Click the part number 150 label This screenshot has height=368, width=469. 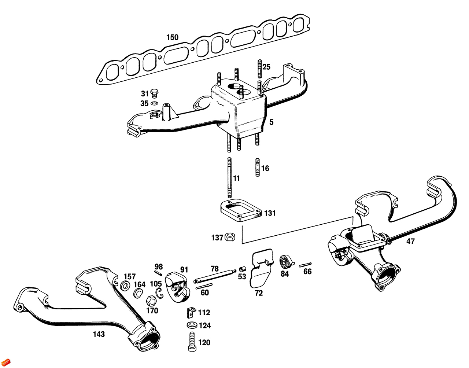172,37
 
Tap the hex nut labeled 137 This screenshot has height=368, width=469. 230,237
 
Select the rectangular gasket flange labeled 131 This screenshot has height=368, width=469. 241,211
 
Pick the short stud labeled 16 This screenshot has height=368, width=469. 258,168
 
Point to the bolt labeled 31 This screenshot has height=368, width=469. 154,93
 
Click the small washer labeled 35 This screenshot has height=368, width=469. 154,103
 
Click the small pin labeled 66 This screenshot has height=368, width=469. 305,265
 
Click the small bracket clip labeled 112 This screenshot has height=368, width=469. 190,312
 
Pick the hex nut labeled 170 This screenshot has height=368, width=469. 151,301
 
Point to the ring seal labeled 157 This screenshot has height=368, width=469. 125,285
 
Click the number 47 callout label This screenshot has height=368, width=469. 410,241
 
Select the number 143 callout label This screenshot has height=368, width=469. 99,334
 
